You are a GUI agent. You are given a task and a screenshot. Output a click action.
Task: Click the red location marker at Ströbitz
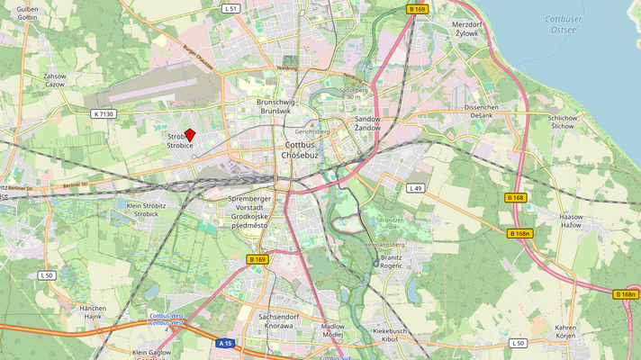coord(190,134)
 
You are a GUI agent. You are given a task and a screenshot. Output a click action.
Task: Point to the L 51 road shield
coord(230,8)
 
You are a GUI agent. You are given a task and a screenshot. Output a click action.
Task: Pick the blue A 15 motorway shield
coord(226,343)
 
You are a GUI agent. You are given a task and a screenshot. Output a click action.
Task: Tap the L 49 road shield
coord(415,188)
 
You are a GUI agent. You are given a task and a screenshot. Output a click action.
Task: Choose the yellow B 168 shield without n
coord(515,197)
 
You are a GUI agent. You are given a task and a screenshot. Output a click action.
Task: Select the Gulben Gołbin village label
coord(27,13)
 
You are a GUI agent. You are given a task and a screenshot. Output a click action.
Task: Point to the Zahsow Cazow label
coord(55,80)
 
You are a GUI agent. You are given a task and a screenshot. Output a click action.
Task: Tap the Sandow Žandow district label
coord(367,123)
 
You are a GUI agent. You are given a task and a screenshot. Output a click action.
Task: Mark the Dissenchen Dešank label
coord(481,112)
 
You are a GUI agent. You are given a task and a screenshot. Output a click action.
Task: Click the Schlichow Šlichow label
coord(562,121)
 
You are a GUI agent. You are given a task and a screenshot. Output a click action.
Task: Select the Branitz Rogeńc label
coord(392,261)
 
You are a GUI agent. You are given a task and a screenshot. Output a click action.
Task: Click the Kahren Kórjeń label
coord(565,331)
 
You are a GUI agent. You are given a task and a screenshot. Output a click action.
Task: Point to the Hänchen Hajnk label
coord(93,312)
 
